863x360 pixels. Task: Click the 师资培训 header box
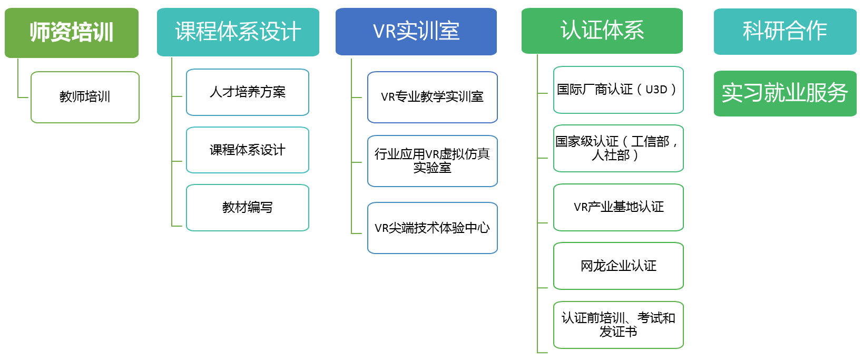click(72, 33)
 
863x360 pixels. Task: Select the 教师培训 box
click(85, 97)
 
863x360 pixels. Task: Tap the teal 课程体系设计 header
click(238, 32)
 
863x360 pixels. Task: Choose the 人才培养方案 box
click(247, 92)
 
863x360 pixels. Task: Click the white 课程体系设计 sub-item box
click(247, 150)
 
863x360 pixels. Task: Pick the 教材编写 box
click(247, 208)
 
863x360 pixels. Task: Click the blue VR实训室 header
click(416, 32)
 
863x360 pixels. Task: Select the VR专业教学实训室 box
click(432, 97)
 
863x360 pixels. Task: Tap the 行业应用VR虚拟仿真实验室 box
click(432, 161)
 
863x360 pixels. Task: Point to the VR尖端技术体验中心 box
click(432, 228)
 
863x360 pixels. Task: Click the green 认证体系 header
click(602, 31)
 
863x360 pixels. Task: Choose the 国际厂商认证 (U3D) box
click(618, 90)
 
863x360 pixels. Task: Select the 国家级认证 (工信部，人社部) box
click(618, 148)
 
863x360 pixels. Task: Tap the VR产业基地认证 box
click(618, 207)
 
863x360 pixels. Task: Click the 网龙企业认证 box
click(618, 266)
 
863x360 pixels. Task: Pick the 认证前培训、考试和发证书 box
click(618, 325)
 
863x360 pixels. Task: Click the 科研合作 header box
click(784, 31)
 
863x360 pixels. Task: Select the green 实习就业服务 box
click(784, 93)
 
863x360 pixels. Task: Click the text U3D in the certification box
click(656, 90)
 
